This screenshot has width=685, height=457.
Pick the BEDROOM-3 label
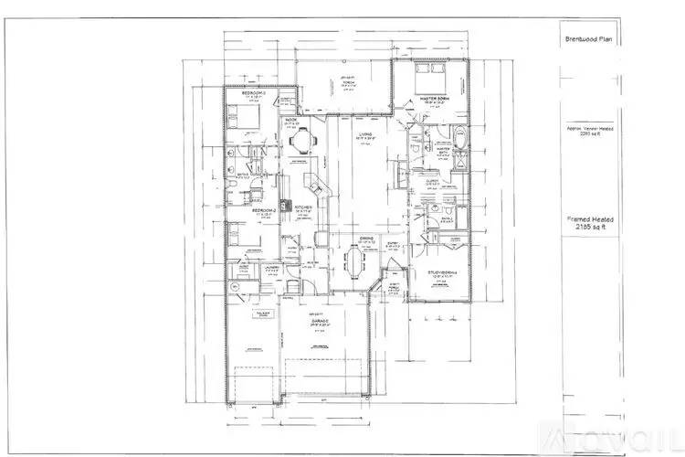[253, 94]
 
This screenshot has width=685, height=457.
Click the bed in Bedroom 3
[236, 117]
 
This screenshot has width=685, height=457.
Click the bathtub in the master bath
[458, 140]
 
